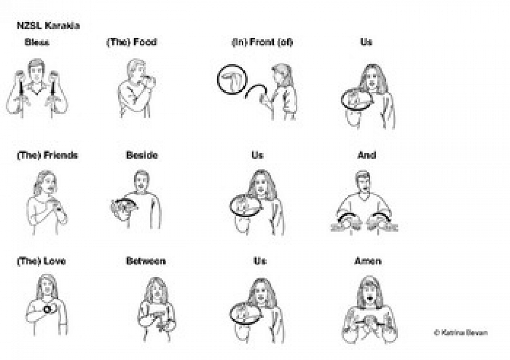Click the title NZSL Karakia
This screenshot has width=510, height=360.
[48, 25]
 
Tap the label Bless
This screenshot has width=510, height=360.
[37, 42]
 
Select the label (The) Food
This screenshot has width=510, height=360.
[132, 42]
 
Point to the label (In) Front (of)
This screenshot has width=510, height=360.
[262, 42]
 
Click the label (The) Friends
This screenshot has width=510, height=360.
[47, 156]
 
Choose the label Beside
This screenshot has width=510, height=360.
[142, 155]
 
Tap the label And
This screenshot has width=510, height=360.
[367, 155]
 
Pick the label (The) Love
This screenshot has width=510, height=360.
[41, 261]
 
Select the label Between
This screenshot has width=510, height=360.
[146, 261]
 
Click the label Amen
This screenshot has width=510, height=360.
[368, 261]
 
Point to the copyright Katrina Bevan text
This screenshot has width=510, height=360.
[461, 332]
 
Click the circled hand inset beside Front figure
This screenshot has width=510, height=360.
[232, 80]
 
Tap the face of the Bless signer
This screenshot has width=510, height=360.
[36, 71]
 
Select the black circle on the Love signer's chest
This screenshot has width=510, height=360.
[47, 308]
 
